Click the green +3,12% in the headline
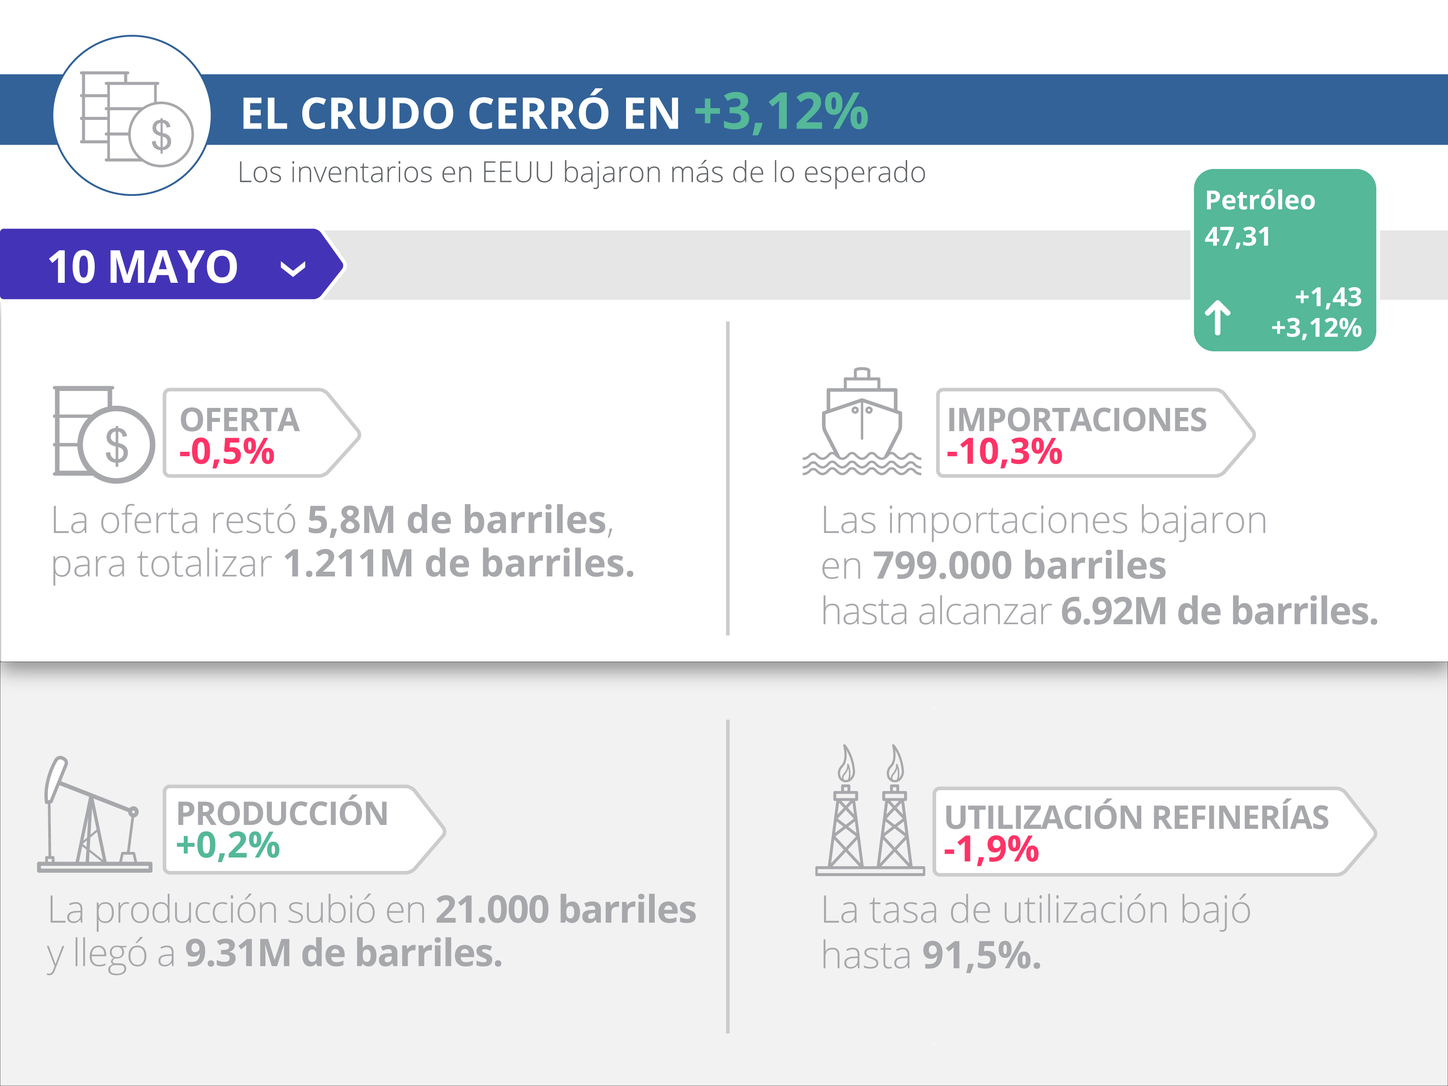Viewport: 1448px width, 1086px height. pyautogui.click(x=781, y=112)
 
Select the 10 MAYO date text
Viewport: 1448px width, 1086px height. pyautogui.click(x=142, y=267)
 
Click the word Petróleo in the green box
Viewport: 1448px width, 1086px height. pyautogui.click(x=1259, y=200)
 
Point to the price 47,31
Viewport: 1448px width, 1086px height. pyautogui.click(x=1237, y=236)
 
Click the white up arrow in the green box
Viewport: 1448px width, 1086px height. pyautogui.click(x=1218, y=318)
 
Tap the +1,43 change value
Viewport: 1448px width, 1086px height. pyautogui.click(x=1328, y=297)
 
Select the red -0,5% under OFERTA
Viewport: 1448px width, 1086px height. pyautogui.click(x=226, y=452)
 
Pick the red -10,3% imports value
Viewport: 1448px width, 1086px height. pyautogui.click(x=1004, y=452)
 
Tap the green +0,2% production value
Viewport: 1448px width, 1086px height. pyautogui.click(x=228, y=845)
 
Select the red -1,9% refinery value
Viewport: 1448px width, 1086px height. pyautogui.click(x=991, y=849)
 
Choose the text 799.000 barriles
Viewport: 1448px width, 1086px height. pyautogui.click(x=1019, y=566)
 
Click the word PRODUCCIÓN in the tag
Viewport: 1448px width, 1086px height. pyautogui.click(x=282, y=814)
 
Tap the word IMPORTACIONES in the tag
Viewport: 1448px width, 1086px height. pyautogui.click(x=1077, y=420)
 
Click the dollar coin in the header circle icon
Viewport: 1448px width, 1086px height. pyautogui.click(x=161, y=135)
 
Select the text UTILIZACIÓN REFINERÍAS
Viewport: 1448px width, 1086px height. pyautogui.click(x=1137, y=817)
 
